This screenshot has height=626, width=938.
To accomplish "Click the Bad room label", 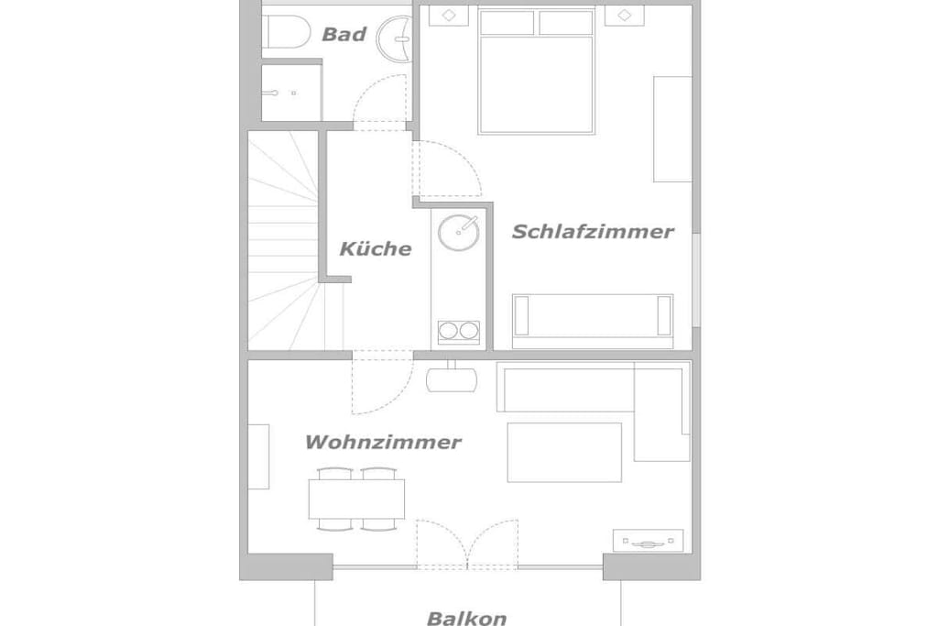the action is click(x=344, y=34).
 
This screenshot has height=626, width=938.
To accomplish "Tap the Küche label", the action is click(x=376, y=248).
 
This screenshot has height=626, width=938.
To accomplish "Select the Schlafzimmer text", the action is click(x=593, y=232).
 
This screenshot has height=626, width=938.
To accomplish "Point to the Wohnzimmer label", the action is click(x=383, y=443).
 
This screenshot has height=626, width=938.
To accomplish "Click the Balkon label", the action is click(x=466, y=618).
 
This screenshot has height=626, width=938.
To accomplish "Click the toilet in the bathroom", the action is click(x=286, y=32).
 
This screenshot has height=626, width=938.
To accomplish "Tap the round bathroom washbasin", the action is click(x=395, y=38).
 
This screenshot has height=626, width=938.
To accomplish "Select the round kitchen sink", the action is click(x=459, y=232).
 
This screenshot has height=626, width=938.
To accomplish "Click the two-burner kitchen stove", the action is click(x=459, y=332).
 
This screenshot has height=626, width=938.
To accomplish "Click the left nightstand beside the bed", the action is click(x=449, y=16).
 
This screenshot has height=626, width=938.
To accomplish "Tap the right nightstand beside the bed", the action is click(x=624, y=16).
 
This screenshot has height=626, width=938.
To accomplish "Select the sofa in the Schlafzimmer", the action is click(x=593, y=322).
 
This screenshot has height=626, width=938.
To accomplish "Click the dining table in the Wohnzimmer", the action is click(x=356, y=499).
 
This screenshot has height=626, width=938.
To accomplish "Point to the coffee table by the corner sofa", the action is click(x=564, y=452).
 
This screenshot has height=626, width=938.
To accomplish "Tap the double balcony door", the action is click(x=467, y=544).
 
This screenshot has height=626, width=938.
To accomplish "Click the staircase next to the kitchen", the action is click(x=283, y=240).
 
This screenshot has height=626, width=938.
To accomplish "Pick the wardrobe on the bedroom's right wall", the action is click(x=673, y=128).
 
